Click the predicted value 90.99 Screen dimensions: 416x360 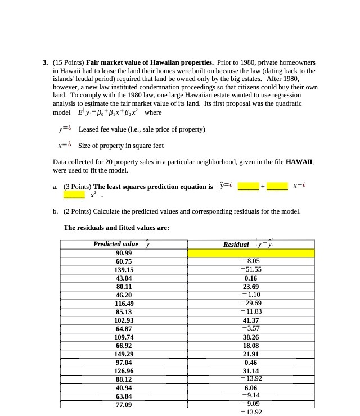point(123,253)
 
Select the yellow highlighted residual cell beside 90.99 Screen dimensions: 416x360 point(251,253)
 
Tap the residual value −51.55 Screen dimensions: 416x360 point(251,270)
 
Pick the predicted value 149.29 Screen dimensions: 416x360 point(123,354)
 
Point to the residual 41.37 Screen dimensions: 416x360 point(251,320)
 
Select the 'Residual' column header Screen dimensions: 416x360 point(236,244)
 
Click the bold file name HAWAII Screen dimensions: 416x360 point(299,161)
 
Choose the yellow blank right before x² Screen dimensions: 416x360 point(74,195)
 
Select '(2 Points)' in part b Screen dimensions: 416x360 point(78,211)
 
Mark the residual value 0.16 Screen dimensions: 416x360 point(251,278)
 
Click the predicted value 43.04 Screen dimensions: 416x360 point(123,278)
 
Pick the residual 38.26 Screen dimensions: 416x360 point(251,337)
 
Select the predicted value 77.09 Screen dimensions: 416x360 point(123,405)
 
